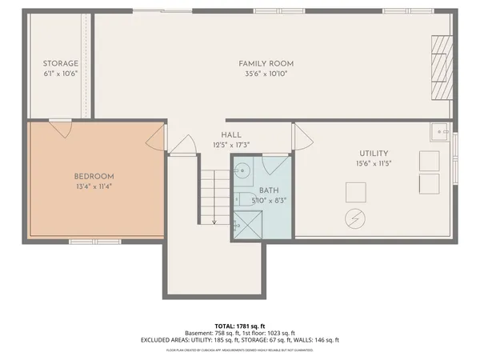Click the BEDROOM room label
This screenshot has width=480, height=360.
94,176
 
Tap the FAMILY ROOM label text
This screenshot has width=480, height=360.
266,63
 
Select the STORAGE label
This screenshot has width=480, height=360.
61,63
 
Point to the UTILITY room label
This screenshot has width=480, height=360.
373,153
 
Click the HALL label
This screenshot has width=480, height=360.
232,135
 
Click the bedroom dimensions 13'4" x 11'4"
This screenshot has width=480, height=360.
94,186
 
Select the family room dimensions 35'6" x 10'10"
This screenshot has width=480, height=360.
266,73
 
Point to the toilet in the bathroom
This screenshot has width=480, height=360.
239,198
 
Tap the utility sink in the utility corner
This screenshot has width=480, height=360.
438,132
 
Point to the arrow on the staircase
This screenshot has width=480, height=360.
214,220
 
